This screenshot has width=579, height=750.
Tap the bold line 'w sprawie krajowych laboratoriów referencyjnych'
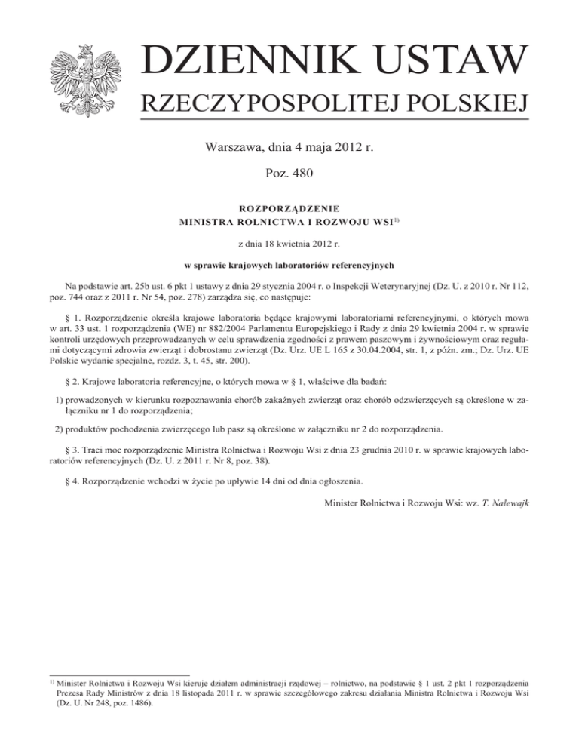(x=289, y=266)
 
